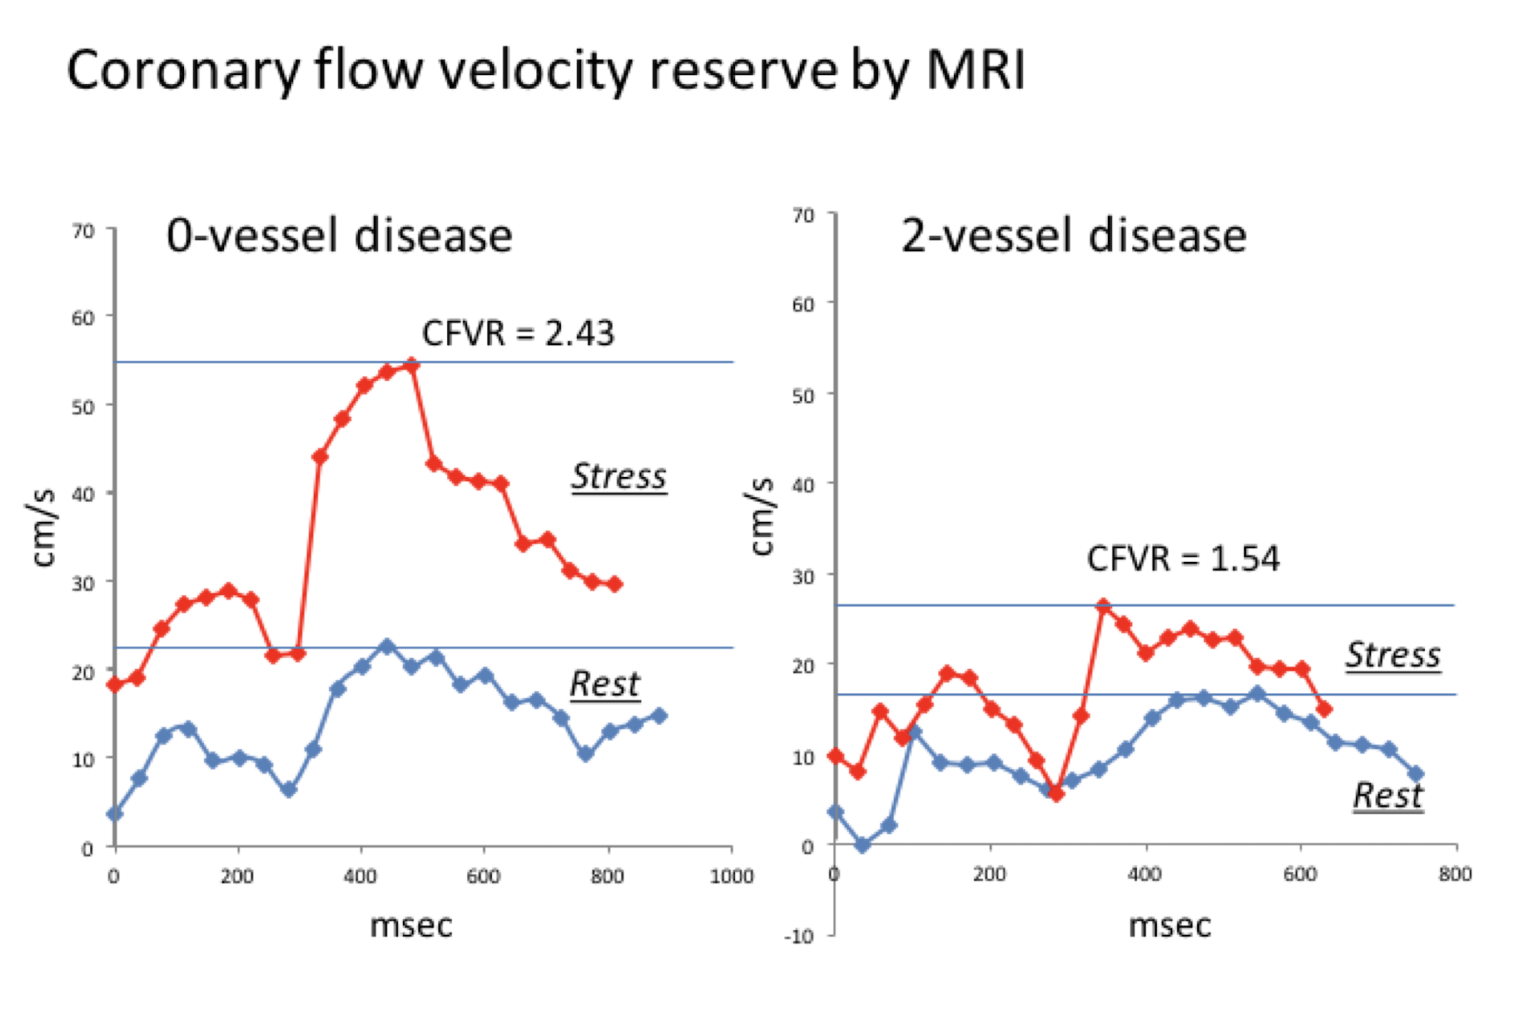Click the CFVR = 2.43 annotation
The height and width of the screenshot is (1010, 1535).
tap(518, 333)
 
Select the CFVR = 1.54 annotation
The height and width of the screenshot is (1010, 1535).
tap(1183, 559)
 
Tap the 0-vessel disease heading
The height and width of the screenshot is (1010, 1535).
tap(339, 236)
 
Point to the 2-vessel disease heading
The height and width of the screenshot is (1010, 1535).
tap(1073, 236)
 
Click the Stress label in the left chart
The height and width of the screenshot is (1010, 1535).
tap(618, 476)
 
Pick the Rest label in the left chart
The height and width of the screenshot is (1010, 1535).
tap(605, 683)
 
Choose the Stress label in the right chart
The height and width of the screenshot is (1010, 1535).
tap(1393, 655)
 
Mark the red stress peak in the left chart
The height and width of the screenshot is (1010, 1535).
tap(411, 365)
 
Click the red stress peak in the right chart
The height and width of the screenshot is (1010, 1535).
tap(1103, 605)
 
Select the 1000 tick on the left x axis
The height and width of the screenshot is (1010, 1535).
tap(731, 876)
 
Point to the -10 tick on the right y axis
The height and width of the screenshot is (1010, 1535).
tap(799, 936)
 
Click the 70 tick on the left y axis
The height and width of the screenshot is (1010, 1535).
tap(83, 231)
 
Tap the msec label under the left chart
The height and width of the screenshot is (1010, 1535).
tap(411, 926)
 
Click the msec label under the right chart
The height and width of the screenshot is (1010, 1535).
tap(1169, 926)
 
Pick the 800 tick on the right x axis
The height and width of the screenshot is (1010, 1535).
tap(1455, 874)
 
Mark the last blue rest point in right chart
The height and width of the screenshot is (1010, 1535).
tap(1416, 774)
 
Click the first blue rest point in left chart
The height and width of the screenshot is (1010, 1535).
tap(115, 813)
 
